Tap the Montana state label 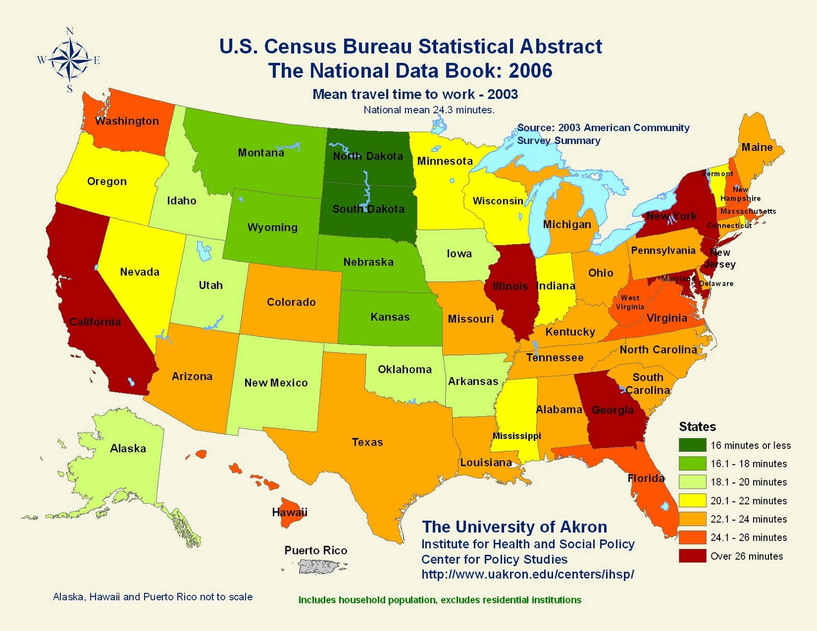click(261, 153)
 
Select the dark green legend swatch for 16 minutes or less click(692, 445)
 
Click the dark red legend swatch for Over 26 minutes click(692, 556)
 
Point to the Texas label click(367, 442)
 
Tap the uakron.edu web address click(527, 574)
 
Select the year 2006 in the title click(531, 70)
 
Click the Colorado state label click(291, 302)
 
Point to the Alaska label click(128, 449)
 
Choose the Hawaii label click(290, 512)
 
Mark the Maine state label click(757, 148)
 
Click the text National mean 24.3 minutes click(429, 110)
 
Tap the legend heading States click(697, 427)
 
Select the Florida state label click(646, 478)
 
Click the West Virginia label click(630, 302)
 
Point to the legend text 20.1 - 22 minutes click(749, 501)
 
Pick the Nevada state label click(139, 272)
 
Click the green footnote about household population click(440, 600)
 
